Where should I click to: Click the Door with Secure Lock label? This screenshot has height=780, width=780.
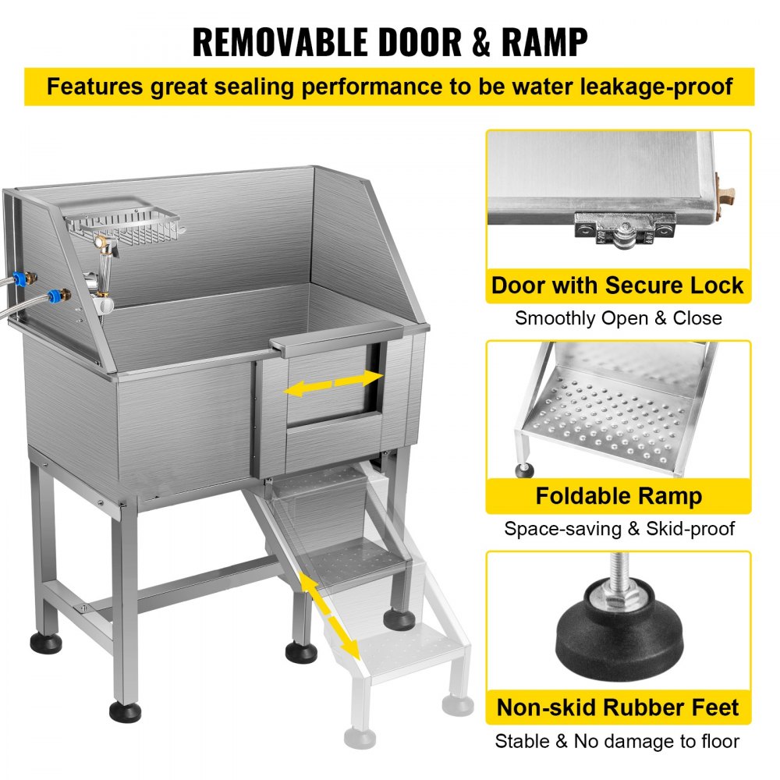(618, 285)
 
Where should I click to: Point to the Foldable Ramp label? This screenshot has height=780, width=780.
(618, 496)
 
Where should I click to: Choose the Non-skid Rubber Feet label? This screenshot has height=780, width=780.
(618, 708)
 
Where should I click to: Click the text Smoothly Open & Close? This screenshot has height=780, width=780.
(618, 318)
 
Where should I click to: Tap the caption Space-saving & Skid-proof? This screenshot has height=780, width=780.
(618, 529)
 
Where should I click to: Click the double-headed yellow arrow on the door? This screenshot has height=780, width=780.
(334, 383)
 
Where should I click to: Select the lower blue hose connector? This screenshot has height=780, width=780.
(54, 297)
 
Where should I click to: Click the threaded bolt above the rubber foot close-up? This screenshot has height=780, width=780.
(618, 573)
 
